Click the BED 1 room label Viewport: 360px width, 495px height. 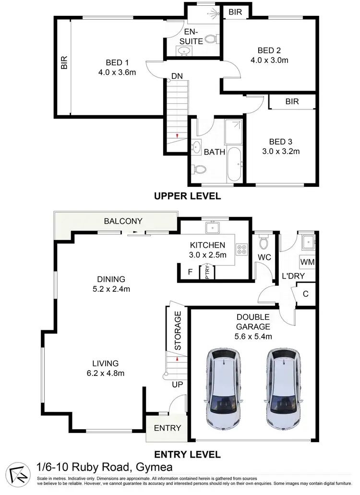[118, 62]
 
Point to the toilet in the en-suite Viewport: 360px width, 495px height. [210, 38]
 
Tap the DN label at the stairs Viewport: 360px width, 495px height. [176, 76]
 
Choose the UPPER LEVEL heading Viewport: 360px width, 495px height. [187, 196]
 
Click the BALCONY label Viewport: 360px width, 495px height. [123, 221]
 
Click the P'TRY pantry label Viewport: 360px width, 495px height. [207, 271]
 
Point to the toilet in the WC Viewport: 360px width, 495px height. [263, 239]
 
